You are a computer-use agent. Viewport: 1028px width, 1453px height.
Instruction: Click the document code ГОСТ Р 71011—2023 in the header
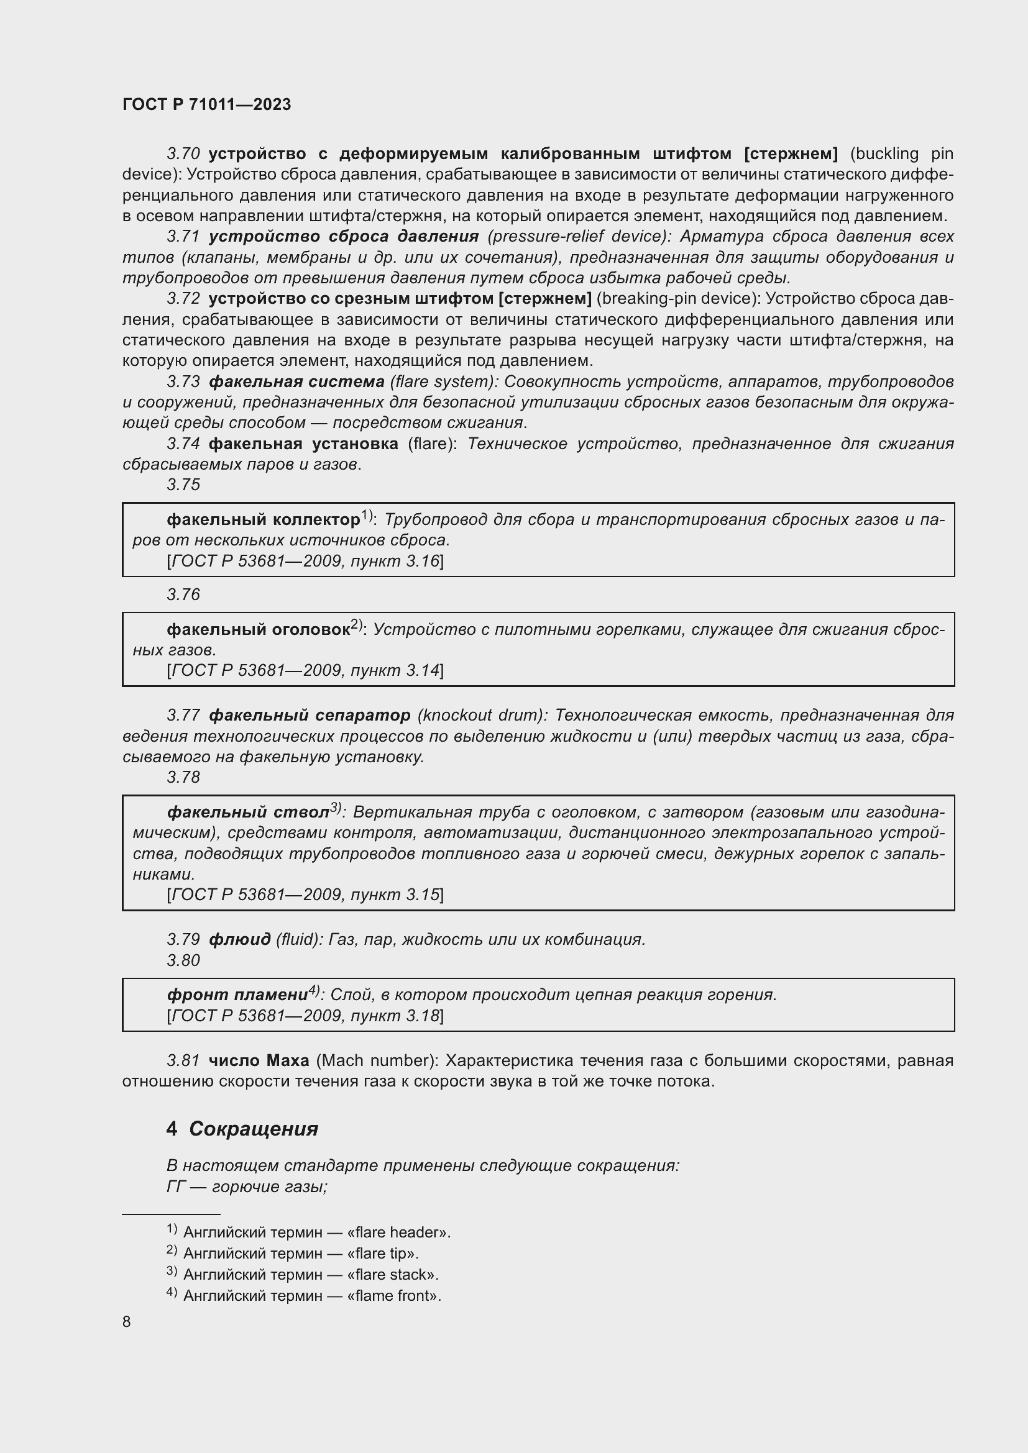[206, 104]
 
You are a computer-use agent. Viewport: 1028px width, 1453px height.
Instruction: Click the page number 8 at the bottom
[127, 1321]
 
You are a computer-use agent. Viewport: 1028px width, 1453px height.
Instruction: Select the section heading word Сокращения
[253, 1128]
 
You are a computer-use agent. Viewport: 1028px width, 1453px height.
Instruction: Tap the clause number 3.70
[183, 154]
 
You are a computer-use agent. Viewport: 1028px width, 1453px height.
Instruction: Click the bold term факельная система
[296, 381]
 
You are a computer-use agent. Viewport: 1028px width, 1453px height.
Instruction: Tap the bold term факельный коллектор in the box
[263, 519]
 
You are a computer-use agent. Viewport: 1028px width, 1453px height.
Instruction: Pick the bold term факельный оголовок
[259, 630]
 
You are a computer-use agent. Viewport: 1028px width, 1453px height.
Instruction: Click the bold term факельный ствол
[248, 813]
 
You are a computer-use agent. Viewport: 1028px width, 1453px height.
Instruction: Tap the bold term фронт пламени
[237, 995]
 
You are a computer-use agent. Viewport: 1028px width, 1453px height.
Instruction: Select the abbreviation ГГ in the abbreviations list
[175, 1187]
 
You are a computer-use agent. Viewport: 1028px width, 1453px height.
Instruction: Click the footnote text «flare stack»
[392, 1275]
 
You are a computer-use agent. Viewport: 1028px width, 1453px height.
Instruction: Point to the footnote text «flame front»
[393, 1295]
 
